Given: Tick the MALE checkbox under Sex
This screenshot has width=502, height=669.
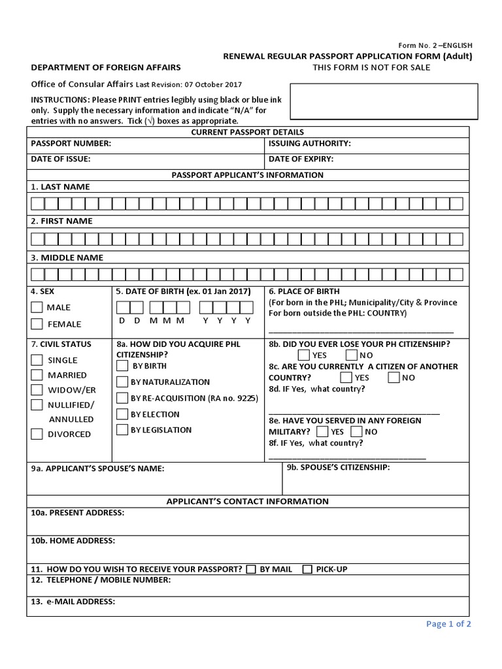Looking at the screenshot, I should [x=37, y=307].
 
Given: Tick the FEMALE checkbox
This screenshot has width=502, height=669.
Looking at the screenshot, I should [x=37, y=323].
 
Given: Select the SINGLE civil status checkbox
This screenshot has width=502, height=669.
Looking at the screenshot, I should [x=37, y=360].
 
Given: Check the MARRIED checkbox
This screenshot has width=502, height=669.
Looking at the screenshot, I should [x=37, y=375].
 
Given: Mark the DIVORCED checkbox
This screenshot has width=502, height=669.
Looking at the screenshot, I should [x=37, y=434].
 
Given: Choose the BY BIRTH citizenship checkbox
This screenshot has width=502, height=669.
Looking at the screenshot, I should [x=122, y=366].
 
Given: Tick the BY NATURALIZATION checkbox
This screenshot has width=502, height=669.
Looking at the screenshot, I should [x=122, y=382].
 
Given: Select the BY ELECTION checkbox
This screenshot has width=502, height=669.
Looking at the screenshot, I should [x=122, y=414].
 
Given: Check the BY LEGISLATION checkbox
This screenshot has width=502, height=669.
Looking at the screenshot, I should [x=122, y=430].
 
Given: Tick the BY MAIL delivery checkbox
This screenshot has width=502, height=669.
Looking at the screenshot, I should [x=251, y=569].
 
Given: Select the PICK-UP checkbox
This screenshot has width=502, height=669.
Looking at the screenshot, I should [x=307, y=569].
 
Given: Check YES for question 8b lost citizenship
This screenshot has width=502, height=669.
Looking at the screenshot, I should [x=304, y=355].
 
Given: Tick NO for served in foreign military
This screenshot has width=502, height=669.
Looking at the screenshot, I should [x=356, y=432].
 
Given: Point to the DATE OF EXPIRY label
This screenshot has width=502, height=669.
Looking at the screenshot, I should [x=301, y=159].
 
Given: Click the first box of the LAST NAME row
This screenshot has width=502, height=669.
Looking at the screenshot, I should [x=37, y=203].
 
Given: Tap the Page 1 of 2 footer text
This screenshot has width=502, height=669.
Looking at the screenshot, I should [x=448, y=624].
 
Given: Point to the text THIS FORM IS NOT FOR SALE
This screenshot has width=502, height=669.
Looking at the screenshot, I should [x=371, y=67].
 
